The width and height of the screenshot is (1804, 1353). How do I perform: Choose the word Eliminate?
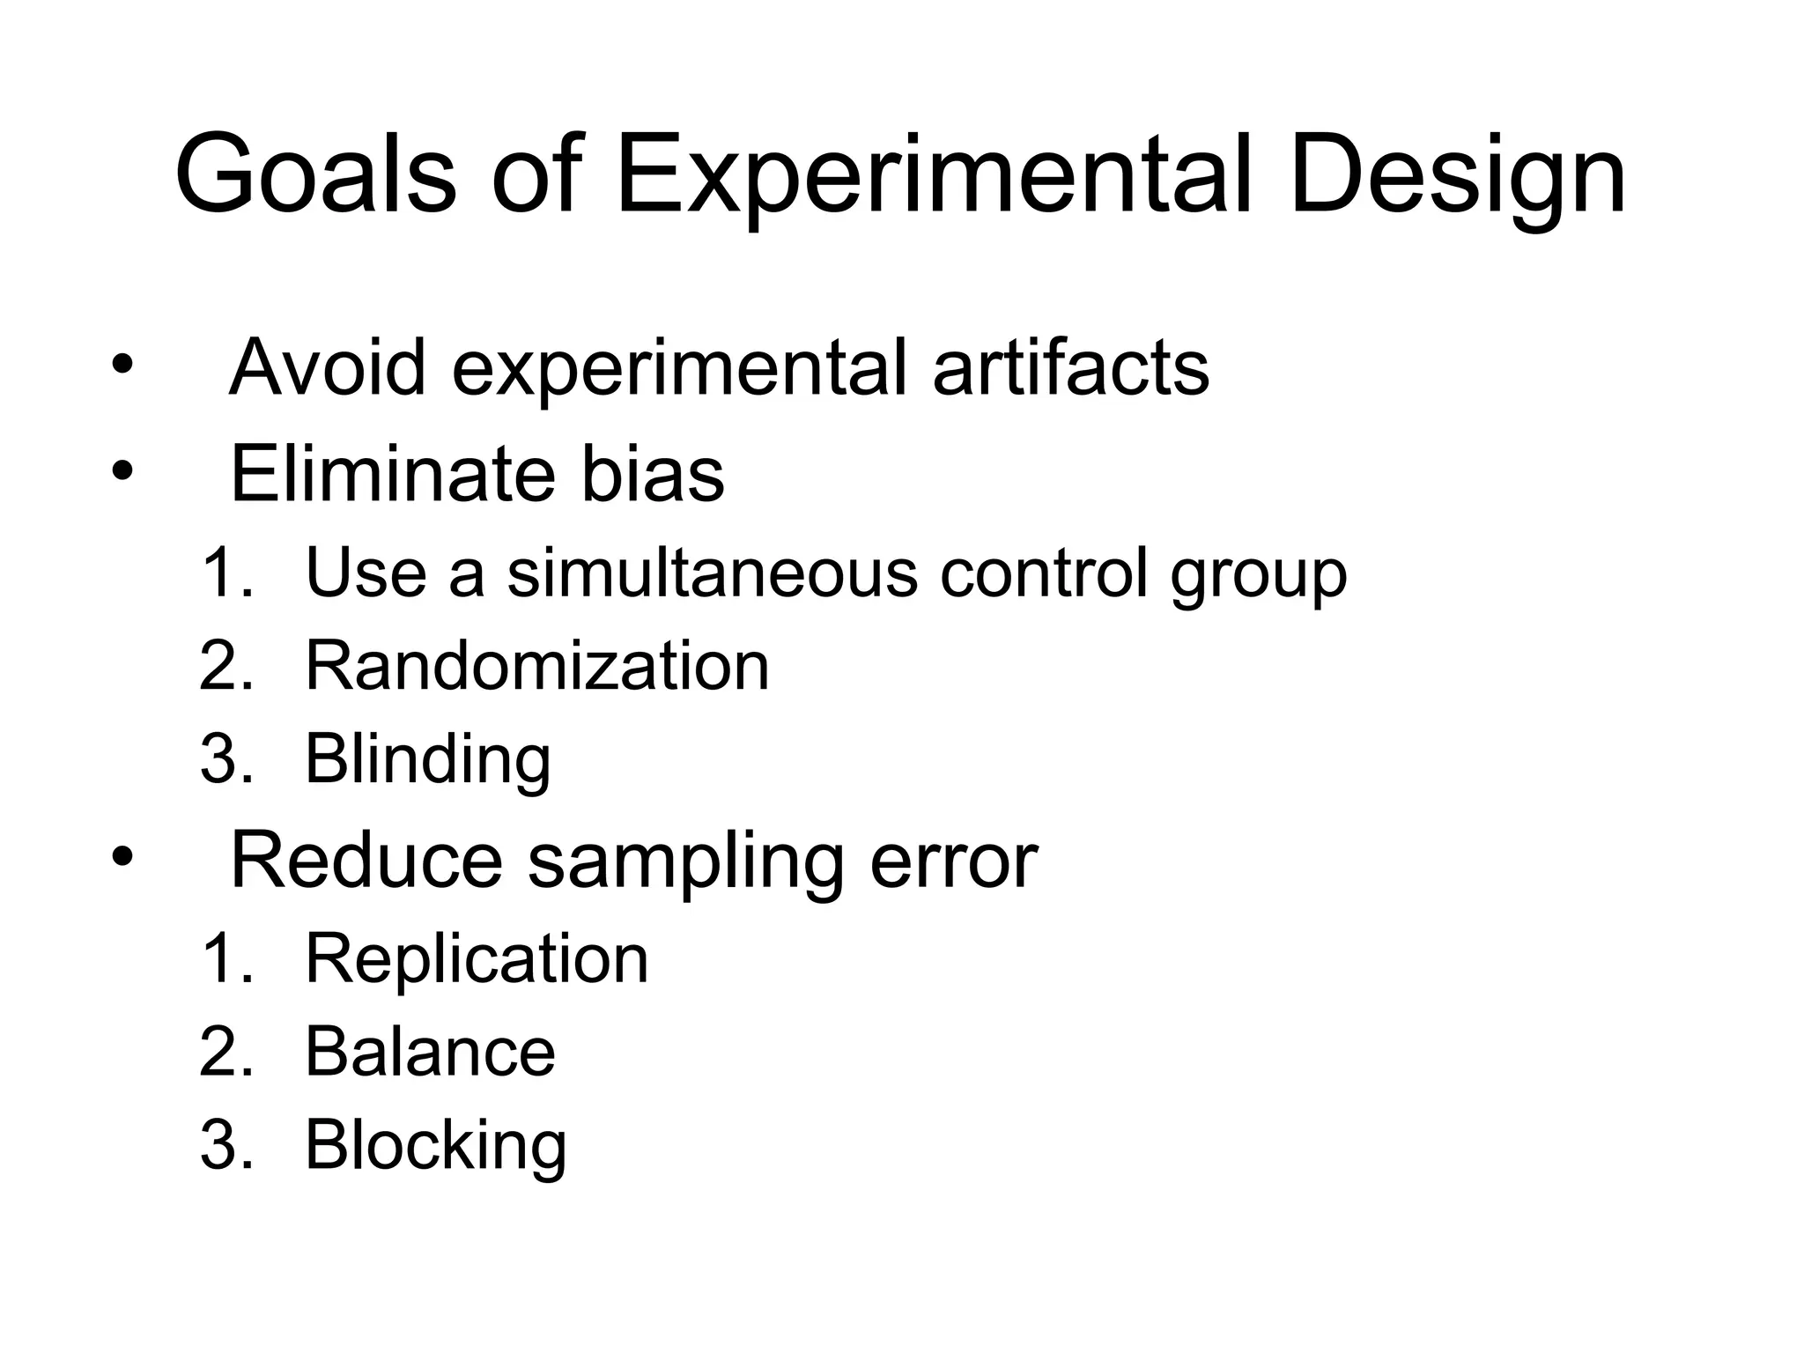point(391,474)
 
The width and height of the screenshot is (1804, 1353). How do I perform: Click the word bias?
point(653,474)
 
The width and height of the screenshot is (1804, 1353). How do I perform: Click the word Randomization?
point(537,666)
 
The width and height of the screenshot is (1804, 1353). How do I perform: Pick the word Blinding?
point(428,759)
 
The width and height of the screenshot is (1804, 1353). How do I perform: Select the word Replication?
point(477,958)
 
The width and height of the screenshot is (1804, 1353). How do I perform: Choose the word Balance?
point(430,1052)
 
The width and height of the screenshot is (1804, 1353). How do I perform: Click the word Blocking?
point(435,1145)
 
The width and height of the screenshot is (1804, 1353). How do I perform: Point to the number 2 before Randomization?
point(220,666)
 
